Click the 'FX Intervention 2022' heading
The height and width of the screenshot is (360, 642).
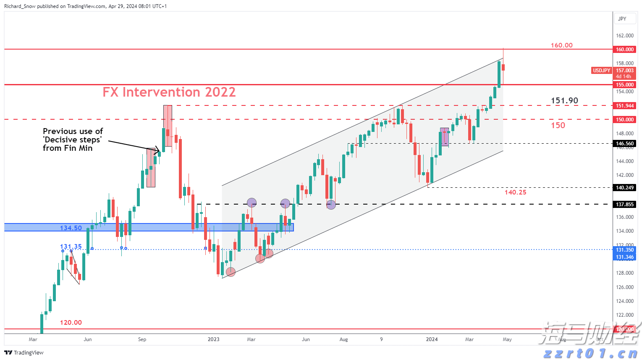click(169, 92)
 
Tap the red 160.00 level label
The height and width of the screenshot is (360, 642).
click(561, 45)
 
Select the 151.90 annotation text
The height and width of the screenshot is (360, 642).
click(564, 101)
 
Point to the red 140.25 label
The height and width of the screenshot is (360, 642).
click(515, 192)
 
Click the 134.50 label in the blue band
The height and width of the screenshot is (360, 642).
click(71, 228)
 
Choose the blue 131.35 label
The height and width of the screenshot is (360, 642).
click(71, 247)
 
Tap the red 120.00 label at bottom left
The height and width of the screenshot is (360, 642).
click(71, 323)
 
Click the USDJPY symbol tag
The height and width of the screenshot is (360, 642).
click(601, 71)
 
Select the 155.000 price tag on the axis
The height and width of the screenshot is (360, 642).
click(625, 85)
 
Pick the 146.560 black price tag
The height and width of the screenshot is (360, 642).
click(625, 144)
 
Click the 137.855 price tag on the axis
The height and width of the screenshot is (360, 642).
click(625, 205)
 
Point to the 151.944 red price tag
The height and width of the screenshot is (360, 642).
click(625, 106)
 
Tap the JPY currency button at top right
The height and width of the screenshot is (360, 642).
click(622, 19)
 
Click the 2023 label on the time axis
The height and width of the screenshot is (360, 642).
click(213, 339)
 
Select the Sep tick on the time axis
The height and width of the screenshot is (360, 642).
click(142, 339)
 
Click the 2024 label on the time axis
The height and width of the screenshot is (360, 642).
click(432, 339)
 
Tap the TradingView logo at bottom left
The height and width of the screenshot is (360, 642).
click(24, 352)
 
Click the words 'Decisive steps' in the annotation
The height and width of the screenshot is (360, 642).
click(72, 140)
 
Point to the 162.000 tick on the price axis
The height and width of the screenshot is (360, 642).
click(625, 36)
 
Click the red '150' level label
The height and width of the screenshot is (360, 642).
click(558, 125)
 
